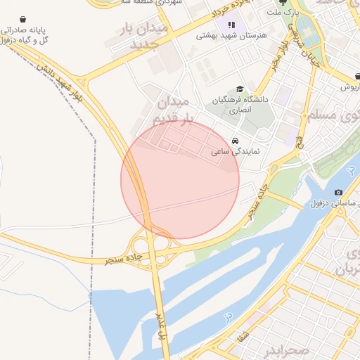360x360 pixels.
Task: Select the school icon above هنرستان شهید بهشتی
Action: click(x=231, y=25)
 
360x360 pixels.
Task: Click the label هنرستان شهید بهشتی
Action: click(x=224, y=35)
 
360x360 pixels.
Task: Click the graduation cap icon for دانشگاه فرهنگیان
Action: click(x=240, y=89)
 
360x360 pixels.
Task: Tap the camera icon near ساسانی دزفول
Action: click(x=339, y=193)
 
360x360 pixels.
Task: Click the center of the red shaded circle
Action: click(x=180, y=180)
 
